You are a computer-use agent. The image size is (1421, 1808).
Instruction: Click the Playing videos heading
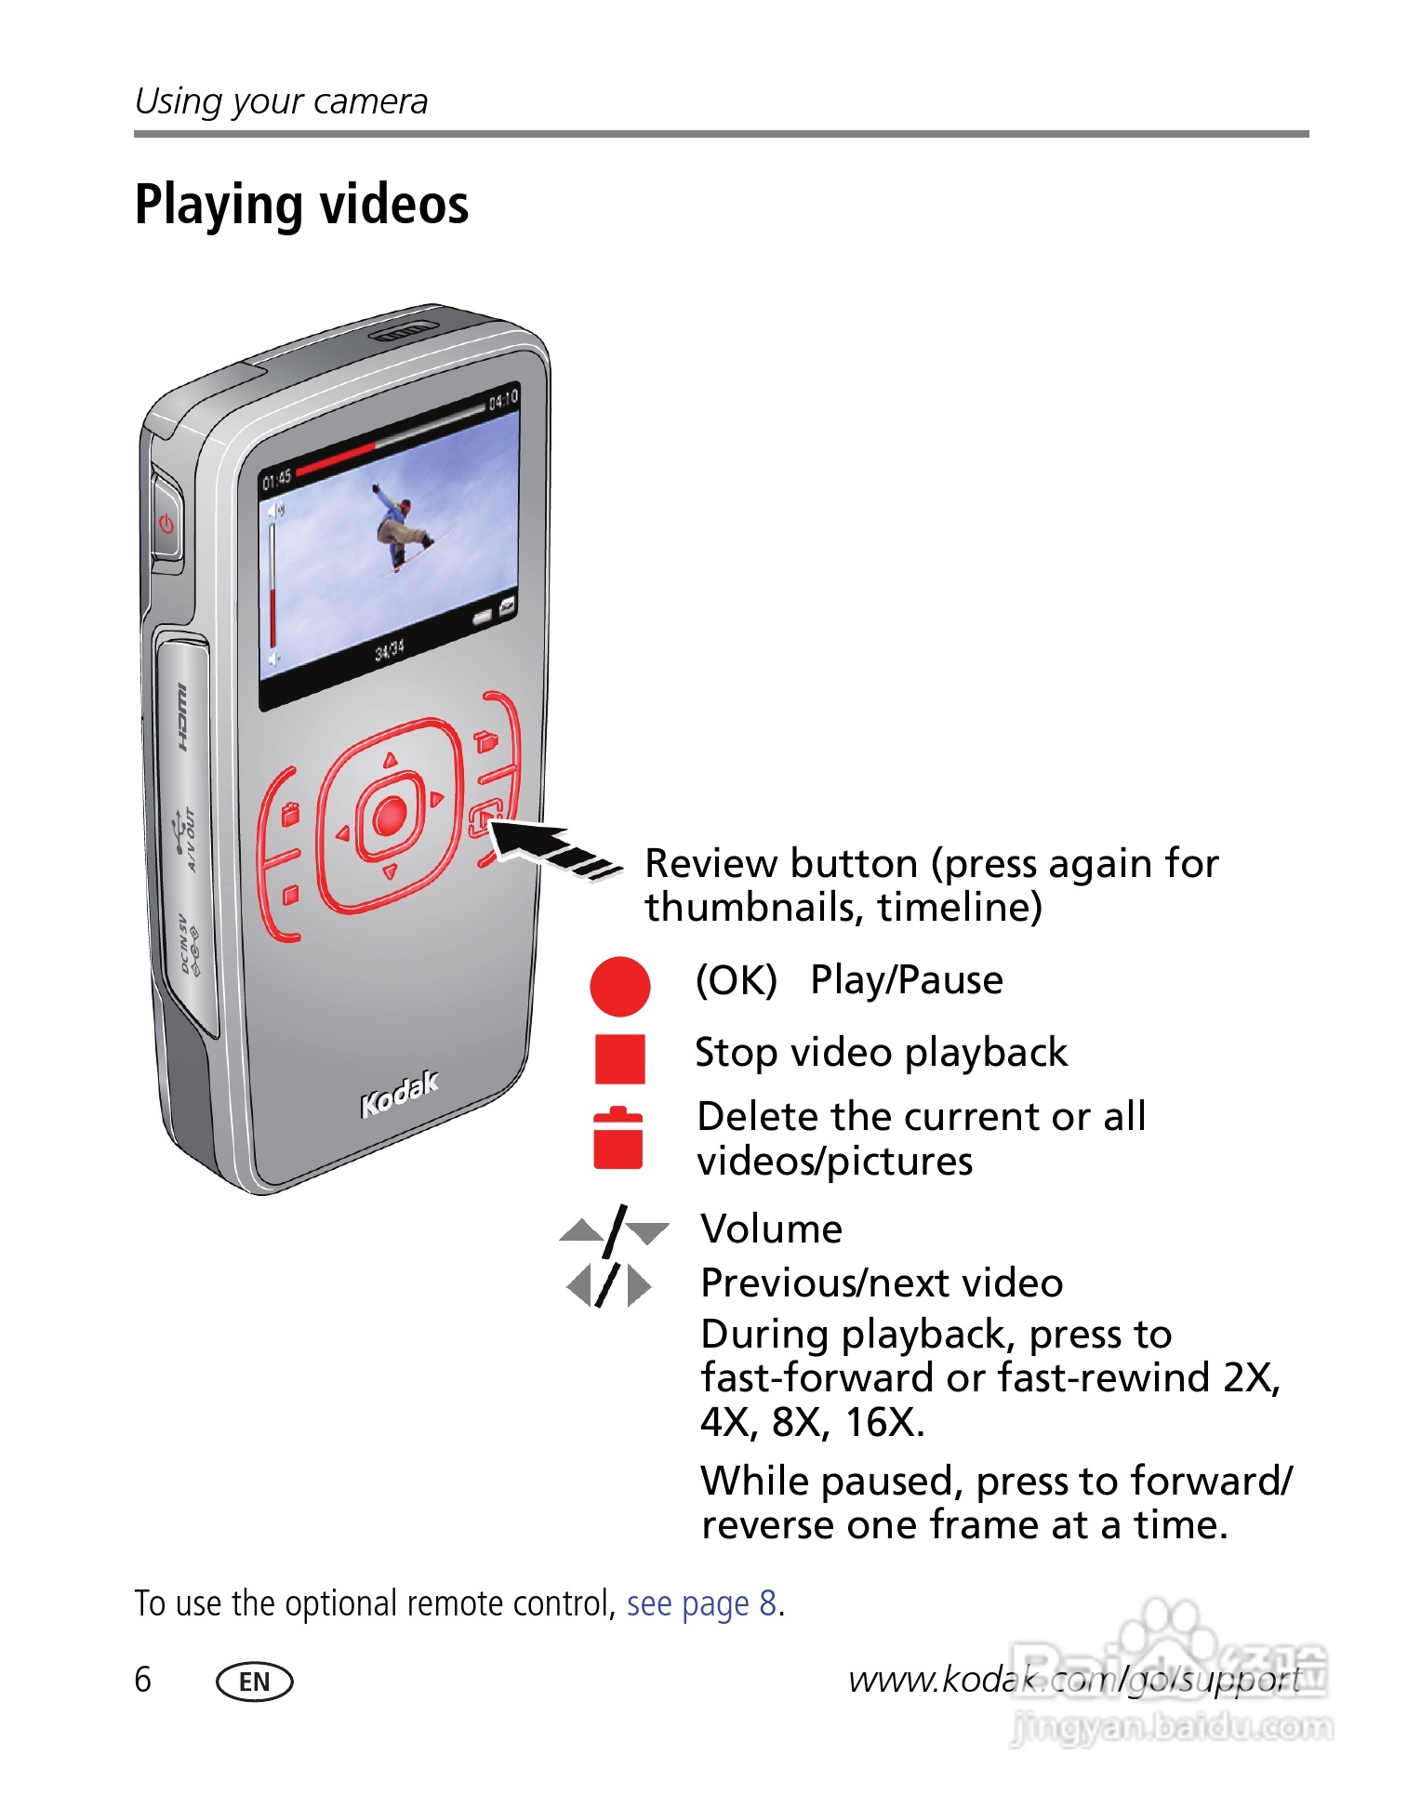301,205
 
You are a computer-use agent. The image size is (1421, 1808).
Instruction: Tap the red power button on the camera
167,524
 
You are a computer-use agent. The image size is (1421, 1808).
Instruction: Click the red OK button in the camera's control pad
391,816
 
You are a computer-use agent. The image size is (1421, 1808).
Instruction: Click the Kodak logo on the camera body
399,1094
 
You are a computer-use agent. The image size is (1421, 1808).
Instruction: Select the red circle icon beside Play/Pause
619,986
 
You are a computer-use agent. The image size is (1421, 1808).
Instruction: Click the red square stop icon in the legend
619,1058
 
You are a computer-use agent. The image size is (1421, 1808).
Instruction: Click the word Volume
771,1230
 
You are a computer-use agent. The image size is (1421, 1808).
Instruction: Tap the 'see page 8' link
701,1603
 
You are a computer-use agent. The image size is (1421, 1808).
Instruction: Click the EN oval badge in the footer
254,1682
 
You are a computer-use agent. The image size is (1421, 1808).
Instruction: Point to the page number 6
142,1680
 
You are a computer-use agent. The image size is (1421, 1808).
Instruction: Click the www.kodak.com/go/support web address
1074,1680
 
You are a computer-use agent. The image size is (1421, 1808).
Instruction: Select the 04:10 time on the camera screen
503,400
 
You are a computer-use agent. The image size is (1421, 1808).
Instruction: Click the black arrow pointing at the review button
549,846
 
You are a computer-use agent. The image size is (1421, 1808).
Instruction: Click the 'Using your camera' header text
281,101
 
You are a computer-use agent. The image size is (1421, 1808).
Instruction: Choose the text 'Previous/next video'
881,1283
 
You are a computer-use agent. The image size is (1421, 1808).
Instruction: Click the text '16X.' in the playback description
884,1422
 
